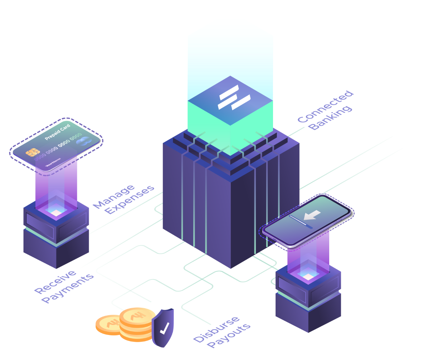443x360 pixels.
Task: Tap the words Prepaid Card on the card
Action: coord(57,132)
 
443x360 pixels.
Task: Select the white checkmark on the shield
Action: coord(164,328)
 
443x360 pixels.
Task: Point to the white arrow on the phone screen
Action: coord(312,215)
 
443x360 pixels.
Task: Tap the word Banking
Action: coord(331,118)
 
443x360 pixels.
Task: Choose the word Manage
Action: coord(113,196)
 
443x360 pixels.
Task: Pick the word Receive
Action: coord(55,281)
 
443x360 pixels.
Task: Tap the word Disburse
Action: coord(216,329)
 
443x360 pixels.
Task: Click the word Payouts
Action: coord(229,335)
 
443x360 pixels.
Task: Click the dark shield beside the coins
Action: coord(163,327)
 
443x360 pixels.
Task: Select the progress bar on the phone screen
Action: coord(301,221)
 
